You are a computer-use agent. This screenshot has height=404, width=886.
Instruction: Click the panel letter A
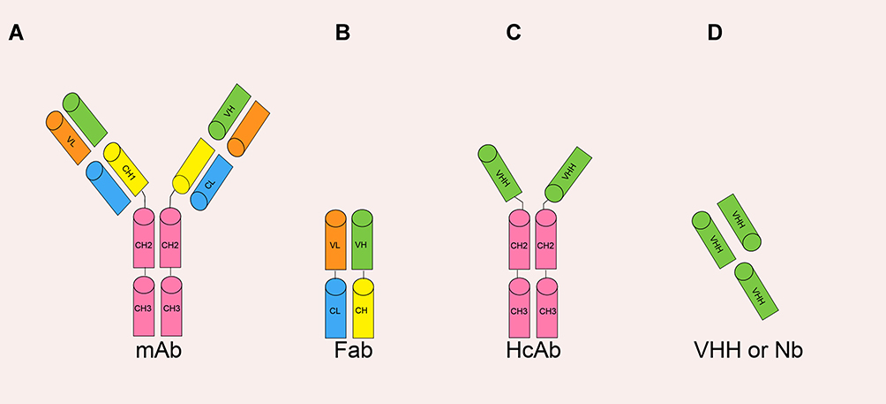pos(16,34)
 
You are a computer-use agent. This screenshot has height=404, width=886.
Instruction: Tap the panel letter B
pos(342,34)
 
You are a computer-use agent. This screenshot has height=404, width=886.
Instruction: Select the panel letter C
pos(513,34)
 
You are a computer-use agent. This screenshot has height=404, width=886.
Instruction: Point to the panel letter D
pos(714,34)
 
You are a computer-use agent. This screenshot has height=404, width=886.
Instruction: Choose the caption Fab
pos(354,351)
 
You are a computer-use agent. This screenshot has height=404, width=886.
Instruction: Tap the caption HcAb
pos(533,351)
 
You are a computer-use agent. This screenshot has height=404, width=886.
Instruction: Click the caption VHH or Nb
pos(748,351)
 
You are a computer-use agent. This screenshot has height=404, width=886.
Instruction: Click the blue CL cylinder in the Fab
pos(335,308)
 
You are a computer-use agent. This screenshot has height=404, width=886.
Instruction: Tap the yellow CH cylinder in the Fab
pos(363,308)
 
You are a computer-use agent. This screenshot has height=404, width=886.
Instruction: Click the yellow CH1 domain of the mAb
pos(125,169)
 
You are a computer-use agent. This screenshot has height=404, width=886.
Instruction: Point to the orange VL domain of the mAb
pos(68,138)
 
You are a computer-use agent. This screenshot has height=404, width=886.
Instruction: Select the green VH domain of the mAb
pos(229,112)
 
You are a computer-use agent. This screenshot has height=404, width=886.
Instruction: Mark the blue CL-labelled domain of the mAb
pos(212,182)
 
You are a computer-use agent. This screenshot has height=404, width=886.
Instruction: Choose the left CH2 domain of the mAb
pos(144,238)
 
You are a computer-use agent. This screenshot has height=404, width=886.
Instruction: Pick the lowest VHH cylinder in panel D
pos(756,291)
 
